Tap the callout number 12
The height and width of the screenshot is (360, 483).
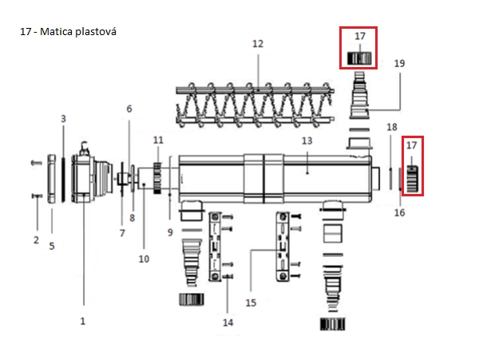[257, 43]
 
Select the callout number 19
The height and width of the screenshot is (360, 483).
[400, 63]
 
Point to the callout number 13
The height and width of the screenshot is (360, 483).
[307, 140]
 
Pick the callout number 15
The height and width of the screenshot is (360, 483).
[251, 303]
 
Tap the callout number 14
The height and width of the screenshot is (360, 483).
[228, 322]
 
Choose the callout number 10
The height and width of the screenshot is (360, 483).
[144, 259]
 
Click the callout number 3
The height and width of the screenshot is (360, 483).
[63, 118]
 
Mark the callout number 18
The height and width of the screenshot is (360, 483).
[391, 127]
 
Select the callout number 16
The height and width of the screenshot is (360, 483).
[400, 213]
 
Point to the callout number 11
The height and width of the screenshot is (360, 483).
[158, 140]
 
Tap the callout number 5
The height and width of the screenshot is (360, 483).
[52, 246]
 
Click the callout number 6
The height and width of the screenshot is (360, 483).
[129, 109]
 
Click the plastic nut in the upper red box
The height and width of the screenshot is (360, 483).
[359, 57]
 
